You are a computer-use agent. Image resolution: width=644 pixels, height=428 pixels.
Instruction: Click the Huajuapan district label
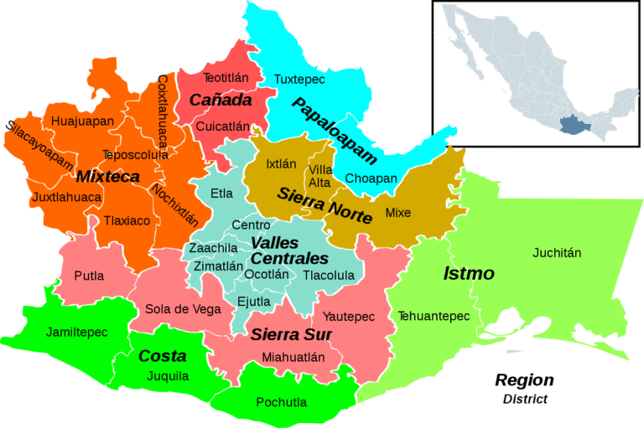[82, 121]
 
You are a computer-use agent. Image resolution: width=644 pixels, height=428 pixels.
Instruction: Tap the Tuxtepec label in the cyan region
[299, 79]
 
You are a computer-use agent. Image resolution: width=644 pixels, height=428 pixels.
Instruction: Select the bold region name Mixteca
[107, 177]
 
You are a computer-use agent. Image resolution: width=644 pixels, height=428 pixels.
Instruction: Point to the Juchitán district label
[557, 252]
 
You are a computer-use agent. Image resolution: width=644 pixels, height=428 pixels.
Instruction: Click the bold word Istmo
[469, 274]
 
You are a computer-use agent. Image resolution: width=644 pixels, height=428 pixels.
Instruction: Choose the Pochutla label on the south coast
[281, 402]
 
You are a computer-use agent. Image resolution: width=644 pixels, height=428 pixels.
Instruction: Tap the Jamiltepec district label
[77, 332]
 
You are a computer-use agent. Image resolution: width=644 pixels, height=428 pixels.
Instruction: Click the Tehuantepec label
[434, 316]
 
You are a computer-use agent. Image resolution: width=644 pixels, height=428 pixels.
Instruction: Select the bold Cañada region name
[221, 101]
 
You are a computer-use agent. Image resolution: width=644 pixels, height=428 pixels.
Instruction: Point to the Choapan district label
[371, 178]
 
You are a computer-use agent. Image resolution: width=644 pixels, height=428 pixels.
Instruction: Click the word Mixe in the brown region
[398, 213]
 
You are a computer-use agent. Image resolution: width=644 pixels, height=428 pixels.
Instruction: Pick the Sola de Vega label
[183, 309]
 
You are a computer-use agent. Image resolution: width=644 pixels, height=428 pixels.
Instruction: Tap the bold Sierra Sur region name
[291, 335]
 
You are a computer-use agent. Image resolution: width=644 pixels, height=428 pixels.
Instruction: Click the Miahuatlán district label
[293, 357]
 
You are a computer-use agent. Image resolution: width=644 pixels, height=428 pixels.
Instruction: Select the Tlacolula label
[329, 275]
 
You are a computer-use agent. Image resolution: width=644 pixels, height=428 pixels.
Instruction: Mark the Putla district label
[89, 276]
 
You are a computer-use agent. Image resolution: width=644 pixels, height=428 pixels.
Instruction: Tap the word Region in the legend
[524, 380]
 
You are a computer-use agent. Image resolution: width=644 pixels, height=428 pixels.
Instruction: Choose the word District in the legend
[525, 399]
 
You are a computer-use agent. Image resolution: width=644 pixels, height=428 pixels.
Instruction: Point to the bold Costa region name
[162, 356]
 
